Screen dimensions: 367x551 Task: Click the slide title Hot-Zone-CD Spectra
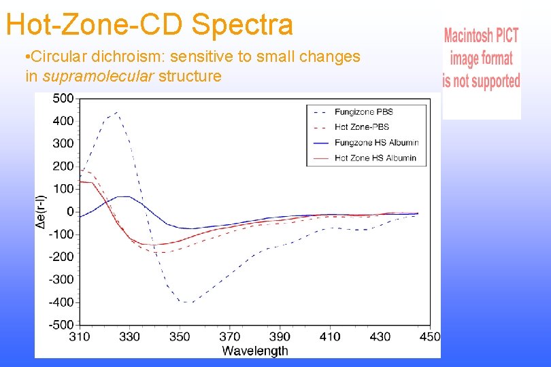pyautogui.click(x=150, y=24)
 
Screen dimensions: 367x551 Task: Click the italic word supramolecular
pyautogui.click(x=98, y=76)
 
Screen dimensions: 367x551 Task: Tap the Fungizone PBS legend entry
pyautogui.click(x=363, y=111)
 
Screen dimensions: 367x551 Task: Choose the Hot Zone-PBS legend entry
pyautogui.click(x=361, y=127)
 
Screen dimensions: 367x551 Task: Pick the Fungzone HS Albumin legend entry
pyautogui.click(x=376, y=143)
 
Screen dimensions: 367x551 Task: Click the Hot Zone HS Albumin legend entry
pyautogui.click(x=375, y=158)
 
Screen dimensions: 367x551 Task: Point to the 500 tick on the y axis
pyautogui.click(x=63, y=99)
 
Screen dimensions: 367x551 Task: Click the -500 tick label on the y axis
pyautogui.click(x=61, y=324)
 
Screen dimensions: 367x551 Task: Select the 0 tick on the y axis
pyautogui.click(x=70, y=211)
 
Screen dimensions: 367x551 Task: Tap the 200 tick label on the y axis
pyautogui.click(x=63, y=167)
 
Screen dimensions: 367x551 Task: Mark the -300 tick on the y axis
pyautogui.click(x=61, y=279)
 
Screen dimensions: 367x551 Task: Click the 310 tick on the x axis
pyautogui.click(x=80, y=336)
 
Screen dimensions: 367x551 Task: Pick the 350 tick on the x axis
pyautogui.click(x=180, y=336)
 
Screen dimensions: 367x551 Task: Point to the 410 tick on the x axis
pyautogui.click(x=330, y=336)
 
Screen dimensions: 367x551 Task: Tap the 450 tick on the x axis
pyautogui.click(x=429, y=336)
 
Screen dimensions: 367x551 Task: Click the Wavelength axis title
pyautogui.click(x=255, y=351)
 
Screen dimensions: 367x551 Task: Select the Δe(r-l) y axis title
pyautogui.click(x=42, y=211)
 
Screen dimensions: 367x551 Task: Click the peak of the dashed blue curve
pyautogui.click(x=116, y=112)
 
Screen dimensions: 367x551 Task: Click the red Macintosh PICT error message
pyautogui.click(x=481, y=58)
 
